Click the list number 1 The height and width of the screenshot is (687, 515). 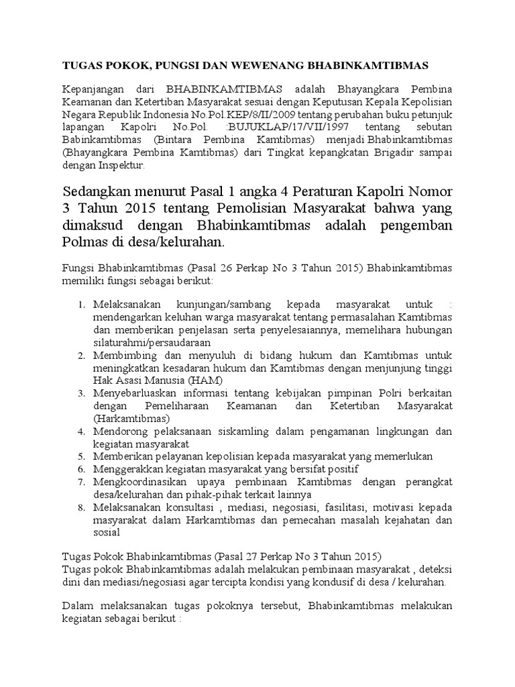81,305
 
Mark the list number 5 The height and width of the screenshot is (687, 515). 81,456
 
